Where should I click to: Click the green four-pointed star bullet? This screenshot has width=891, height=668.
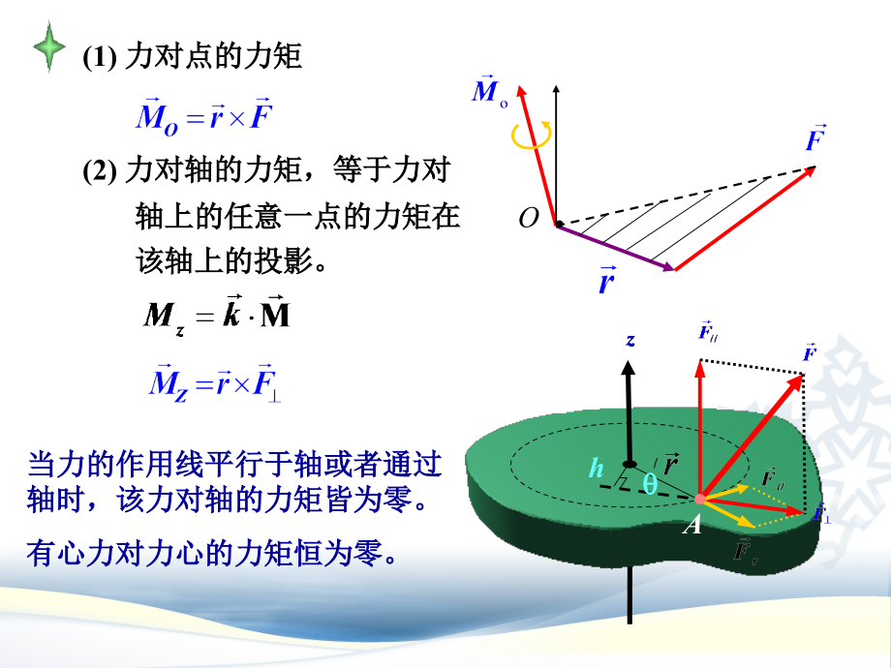[x=49, y=47]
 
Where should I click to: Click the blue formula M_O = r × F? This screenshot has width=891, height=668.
[x=204, y=117]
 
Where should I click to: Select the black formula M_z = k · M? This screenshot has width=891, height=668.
[x=217, y=315]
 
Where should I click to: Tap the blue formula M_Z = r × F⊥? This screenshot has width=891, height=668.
[x=215, y=382]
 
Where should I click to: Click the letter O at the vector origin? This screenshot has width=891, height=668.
[x=529, y=218]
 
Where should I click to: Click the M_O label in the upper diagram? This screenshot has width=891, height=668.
[x=489, y=90]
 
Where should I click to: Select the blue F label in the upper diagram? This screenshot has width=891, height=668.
[x=816, y=137]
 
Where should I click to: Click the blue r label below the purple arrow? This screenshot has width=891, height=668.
[x=607, y=280]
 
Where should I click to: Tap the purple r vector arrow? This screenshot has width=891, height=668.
[x=615, y=247]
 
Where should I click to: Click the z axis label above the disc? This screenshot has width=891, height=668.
[x=630, y=340]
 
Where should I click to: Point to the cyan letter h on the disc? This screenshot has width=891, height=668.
[x=596, y=468]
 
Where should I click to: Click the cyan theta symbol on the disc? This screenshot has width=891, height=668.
[x=650, y=483]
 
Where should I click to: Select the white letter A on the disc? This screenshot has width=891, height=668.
[x=692, y=525]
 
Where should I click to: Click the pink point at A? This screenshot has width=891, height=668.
[x=700, y=499]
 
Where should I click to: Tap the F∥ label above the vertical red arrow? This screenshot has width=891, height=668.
[x=707, y=330]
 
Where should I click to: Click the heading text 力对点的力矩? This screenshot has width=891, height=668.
[x=213, y=56]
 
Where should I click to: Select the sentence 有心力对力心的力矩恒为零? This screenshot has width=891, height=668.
[x=212, y=553]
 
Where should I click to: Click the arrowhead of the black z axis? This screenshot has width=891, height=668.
[x=628, y=368]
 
